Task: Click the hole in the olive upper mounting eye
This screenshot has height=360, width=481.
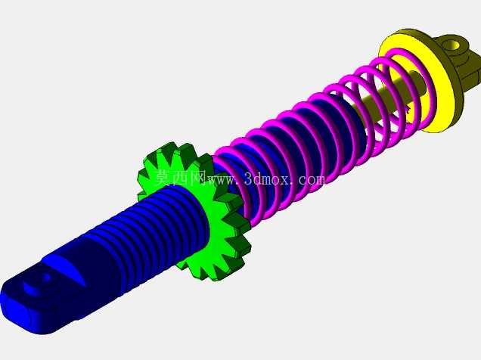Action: click(453, 46)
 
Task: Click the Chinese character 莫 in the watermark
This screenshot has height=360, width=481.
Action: click(164, 178)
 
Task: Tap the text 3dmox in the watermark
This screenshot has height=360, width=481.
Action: click(267, 179)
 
